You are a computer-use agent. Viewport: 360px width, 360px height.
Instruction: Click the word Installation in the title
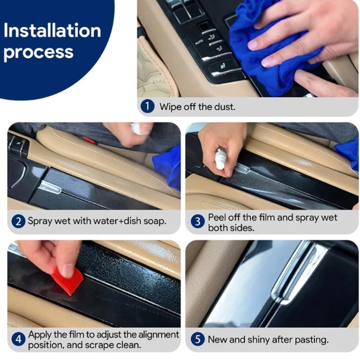point(52,31)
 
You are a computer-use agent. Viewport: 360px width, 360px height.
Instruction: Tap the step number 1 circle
point(147,107)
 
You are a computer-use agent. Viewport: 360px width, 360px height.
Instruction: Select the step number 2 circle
point(18,221)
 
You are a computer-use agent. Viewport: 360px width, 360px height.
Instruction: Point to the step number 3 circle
point(196,221)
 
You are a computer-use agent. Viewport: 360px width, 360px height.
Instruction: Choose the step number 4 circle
point(18,340)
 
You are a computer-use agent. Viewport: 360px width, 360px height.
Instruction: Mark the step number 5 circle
point(196,340)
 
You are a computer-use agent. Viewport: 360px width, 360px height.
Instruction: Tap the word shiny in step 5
point(257,340)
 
